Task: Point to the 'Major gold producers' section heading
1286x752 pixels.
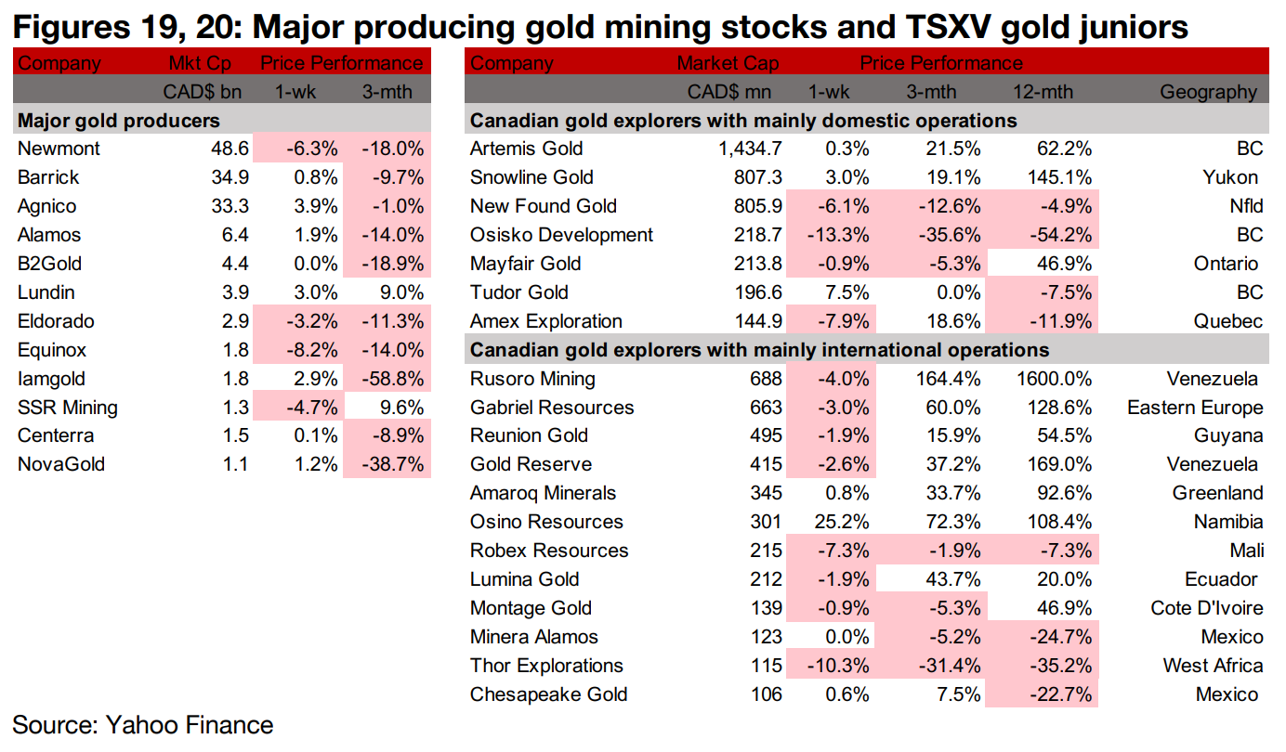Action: pos(119,121)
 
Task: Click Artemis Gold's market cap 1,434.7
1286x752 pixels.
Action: pos(743,149)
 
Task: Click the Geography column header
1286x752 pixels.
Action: pos(1208,92)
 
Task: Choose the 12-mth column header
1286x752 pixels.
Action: pos(1043,92)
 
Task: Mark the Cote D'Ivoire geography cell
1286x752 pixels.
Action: pos(1206,608)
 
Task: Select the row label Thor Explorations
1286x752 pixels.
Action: pos(546,666)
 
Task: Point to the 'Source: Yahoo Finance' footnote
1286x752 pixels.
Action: pos(143,725)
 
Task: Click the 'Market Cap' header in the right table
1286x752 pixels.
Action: pos(728,63)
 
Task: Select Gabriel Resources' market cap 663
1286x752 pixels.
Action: pos(765,408)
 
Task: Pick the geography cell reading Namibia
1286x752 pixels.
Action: pos(1228,522)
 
